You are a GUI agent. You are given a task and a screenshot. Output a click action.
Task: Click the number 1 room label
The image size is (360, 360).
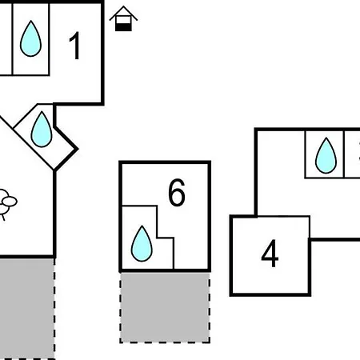point(75,46)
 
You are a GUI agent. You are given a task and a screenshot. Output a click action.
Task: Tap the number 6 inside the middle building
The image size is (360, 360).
point(177,193)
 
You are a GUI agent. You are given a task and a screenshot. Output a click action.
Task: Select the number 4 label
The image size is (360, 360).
point(270,253)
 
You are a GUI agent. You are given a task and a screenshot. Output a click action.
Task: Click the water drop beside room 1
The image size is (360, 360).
point(30,38)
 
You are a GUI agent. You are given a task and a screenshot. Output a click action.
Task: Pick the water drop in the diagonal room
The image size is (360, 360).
point(42,130)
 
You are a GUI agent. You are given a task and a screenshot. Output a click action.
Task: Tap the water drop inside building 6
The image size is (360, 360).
point(142,243)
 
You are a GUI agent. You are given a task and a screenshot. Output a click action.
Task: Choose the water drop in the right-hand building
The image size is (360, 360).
point(326,155)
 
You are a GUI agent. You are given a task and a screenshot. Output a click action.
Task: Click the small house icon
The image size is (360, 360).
point(123,18)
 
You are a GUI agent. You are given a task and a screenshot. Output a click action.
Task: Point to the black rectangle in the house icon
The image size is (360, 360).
point(123,27)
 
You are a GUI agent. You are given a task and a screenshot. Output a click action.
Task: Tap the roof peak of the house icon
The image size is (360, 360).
point(123,6)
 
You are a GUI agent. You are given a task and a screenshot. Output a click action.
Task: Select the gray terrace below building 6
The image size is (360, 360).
point(165,307)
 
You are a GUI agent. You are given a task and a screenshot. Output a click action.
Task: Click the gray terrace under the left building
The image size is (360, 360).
point(27,309)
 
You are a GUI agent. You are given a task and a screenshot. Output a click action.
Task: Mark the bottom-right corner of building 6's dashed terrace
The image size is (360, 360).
point(210,342)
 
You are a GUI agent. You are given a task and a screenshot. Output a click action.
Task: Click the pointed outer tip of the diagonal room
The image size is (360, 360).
point(78,149)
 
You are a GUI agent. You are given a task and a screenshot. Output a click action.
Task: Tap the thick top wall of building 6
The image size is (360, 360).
point(165,162)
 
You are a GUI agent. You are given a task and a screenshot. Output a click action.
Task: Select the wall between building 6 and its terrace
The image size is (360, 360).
point(165,270)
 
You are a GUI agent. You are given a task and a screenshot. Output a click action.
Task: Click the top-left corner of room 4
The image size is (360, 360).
point(231,216)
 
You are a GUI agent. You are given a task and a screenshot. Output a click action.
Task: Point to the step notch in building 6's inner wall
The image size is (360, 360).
point(157,238)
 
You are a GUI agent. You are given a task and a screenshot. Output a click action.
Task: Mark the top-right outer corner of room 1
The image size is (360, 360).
point(102,2)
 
